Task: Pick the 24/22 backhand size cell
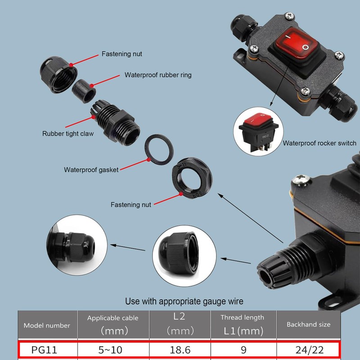click(x=308, y=349)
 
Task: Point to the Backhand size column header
click(x=308, y=324)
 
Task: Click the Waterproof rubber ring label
click(x=157, y=75)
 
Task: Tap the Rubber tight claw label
click(x=67, y=134)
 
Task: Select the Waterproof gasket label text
click(x=91, y=170)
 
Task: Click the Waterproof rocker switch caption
click(x=319, y=144)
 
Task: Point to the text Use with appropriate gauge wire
click(x=184, y=301)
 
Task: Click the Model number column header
click(x=47, y=325)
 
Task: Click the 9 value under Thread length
click(x=242, y=349)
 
